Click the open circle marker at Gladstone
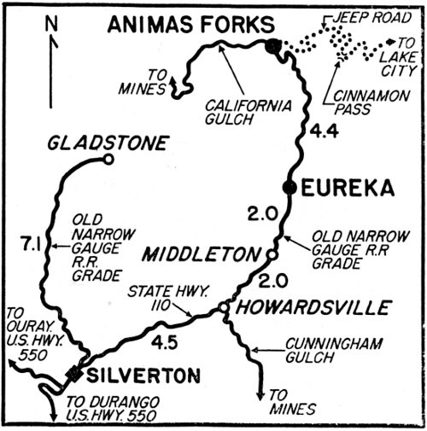pos(108,159)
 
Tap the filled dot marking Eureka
pos(290,188)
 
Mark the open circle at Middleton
pos(271,254)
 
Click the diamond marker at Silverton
pos(76,373)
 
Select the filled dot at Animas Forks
pos(272,46)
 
